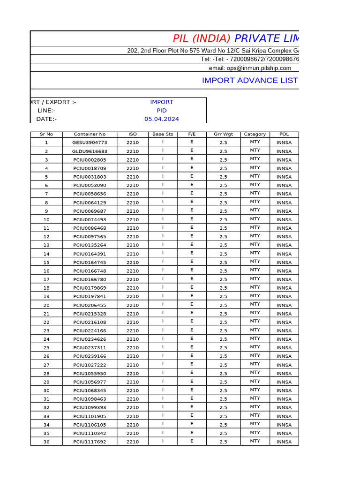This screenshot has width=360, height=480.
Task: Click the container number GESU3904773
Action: click(90, 142)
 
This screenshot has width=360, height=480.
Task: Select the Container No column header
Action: click(90, 134)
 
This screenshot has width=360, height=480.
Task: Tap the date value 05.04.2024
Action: click(162, 119)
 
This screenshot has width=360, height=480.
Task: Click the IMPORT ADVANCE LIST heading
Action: click(250, 80)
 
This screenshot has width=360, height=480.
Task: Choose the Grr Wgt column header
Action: click(223, 134)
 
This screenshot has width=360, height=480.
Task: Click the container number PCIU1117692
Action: click(90, 442)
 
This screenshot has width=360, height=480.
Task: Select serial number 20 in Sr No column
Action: click(46, 305)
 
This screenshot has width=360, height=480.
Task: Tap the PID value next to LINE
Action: click(162, 111)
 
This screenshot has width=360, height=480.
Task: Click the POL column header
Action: click(284, 134)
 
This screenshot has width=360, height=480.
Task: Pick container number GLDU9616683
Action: click(90, 151)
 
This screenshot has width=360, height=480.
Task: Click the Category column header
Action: click(255, 134)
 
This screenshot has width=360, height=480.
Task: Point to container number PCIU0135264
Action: click(90, 245)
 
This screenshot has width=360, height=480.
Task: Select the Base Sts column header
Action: click(163, 134)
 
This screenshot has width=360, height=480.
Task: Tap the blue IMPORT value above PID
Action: click(162, 102)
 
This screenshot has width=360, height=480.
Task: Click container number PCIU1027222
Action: click(90, 365)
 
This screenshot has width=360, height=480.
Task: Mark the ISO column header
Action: click(133, 134)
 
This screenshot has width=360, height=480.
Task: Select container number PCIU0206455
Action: click(90, 305)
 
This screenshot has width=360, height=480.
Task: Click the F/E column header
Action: click(192, 134)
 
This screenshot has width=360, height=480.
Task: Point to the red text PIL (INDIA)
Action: click(202, 38)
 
